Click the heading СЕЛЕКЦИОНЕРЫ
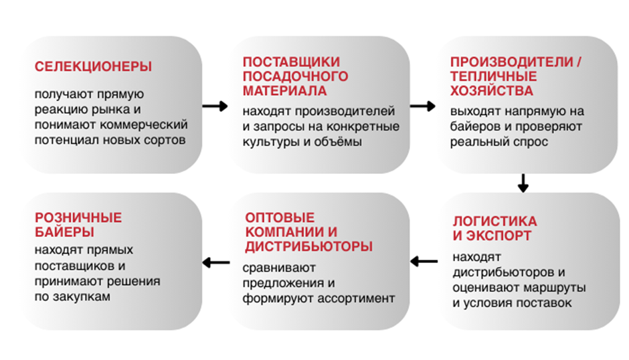tap(93, 67)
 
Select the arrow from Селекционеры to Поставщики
tap(214, 106)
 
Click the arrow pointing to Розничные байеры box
tap(214, 262)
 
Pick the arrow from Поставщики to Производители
tap(422, 106)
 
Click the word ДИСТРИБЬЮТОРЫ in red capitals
tap(308, 247)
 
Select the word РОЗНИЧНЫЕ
tap(78, 218)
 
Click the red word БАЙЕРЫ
tap(64, 232)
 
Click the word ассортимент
tap(361, 298)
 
